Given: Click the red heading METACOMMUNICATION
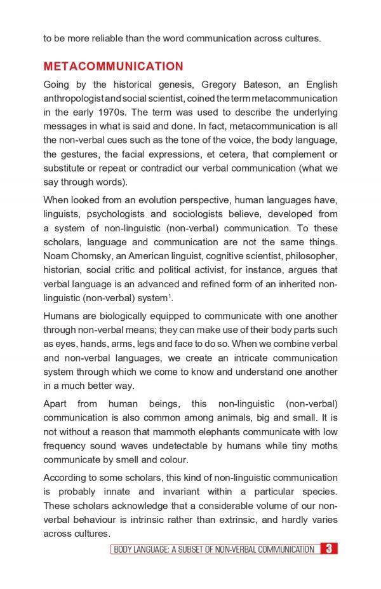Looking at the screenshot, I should [x=113, y=67].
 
